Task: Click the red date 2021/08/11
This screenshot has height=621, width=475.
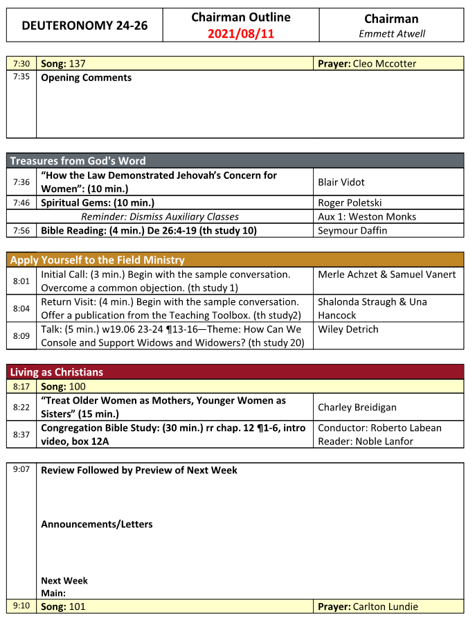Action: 240,33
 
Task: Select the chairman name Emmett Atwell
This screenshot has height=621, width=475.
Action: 392,33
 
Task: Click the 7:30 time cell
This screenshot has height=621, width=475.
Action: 21,64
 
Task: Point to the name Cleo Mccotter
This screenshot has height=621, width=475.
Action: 384,64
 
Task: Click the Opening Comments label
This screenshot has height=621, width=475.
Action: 86,78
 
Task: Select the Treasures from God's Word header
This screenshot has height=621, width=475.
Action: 78,161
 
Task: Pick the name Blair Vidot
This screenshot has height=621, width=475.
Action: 341,182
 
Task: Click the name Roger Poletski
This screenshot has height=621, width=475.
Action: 350,203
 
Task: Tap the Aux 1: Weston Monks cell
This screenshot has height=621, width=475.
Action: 367,217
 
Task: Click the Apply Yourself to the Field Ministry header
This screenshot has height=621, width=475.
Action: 97,261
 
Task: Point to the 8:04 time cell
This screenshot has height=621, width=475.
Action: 21,308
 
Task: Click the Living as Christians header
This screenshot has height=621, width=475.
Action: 56,372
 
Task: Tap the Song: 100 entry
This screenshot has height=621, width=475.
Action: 63,386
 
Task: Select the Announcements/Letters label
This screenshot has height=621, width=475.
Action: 96,524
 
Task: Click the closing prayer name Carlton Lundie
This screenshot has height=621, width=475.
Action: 385,606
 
